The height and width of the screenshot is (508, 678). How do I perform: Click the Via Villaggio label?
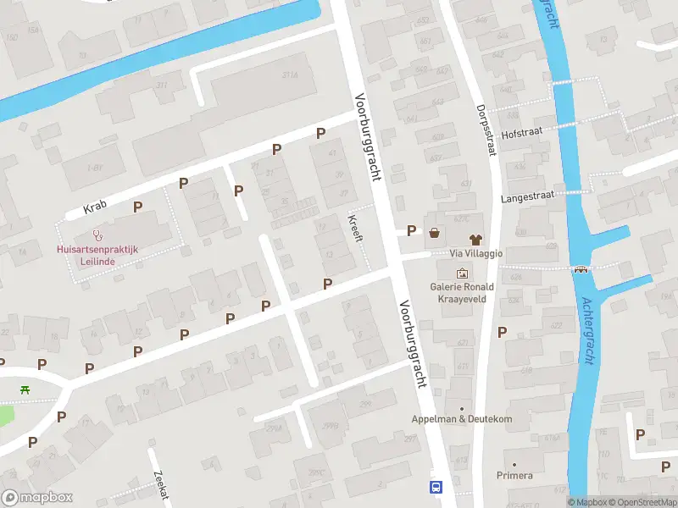point(476,253)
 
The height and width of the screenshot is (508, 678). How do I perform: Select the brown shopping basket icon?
point(435,231)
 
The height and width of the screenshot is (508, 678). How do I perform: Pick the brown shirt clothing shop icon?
point(475,231)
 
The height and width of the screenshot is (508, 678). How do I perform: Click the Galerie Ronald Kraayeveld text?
point(462,294)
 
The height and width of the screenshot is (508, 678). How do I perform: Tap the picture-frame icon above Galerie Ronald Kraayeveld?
point(462,273)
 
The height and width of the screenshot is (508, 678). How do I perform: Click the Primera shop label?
point(514,476)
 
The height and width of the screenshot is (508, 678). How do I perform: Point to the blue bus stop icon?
point(436,487)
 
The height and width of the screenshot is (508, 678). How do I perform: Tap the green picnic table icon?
point(25,390)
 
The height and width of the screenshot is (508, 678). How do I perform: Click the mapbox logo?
point(37,497)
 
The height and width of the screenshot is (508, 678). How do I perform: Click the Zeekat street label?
point(159,486)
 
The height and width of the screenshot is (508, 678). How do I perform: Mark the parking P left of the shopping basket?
point(412,230)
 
